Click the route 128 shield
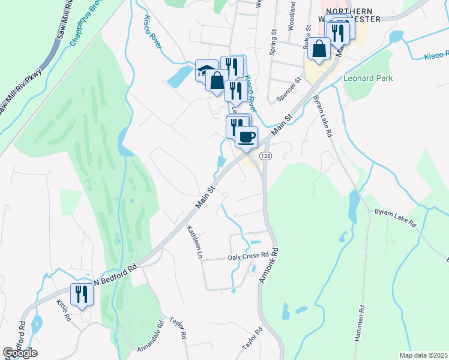(264, 155)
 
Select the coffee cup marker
(246, 137)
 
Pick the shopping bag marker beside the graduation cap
(217, 80)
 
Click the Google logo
(20, 353)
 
